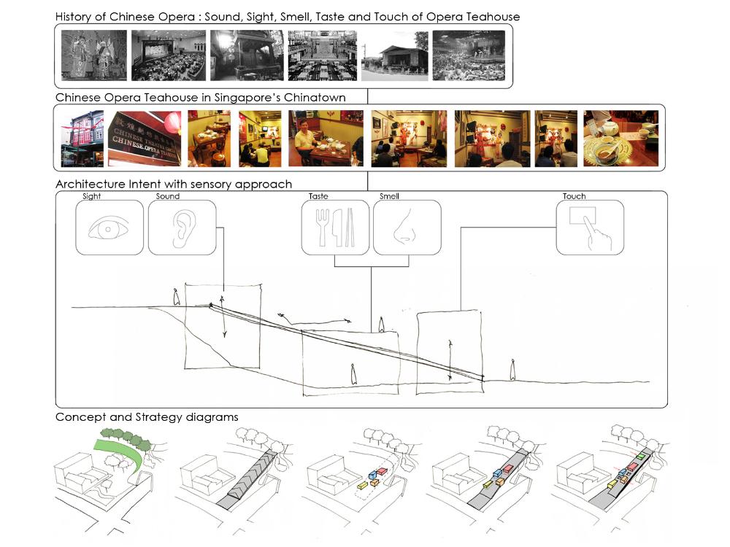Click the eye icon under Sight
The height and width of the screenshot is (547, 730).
tap(109, 229)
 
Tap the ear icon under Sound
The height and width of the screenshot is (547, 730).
tap(183, 228)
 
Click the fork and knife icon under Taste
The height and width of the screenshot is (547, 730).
tap(335, 228)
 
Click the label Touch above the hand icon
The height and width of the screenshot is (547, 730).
tap(574, 196)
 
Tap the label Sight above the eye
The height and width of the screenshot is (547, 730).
tap(92, 196)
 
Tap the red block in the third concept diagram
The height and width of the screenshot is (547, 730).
tap(382, 471)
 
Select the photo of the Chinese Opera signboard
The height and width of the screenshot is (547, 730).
tap(145, 138)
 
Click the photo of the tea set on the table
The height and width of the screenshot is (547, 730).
tap(620, 138)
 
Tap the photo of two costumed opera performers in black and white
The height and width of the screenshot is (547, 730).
tap(94, 55)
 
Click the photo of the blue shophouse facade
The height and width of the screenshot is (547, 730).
tap(82, 138)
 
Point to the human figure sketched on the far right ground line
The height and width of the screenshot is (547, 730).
tap(512, 370)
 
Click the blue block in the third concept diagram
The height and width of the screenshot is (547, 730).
tap(372, 475)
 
